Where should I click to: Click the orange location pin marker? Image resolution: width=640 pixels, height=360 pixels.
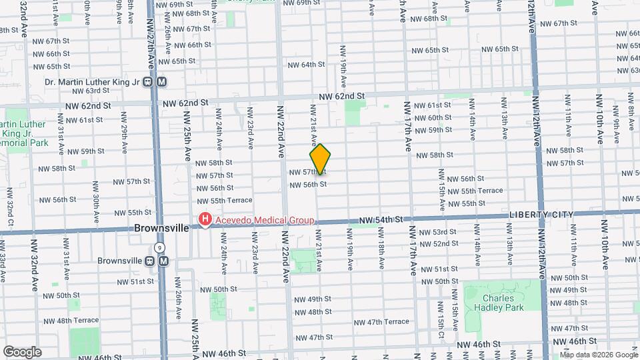pos(321,159)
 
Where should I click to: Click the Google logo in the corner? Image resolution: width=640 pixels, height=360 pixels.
pos(22,351)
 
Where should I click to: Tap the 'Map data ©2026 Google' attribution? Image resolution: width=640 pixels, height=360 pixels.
pos(598,355)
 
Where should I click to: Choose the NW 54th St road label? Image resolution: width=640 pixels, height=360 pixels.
pos(380,219)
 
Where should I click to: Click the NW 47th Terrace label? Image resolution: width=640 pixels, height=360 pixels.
pos(382,322)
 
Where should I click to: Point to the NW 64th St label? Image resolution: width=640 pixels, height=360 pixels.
pos(306,65)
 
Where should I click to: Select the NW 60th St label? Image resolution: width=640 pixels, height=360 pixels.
pos(433,118)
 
